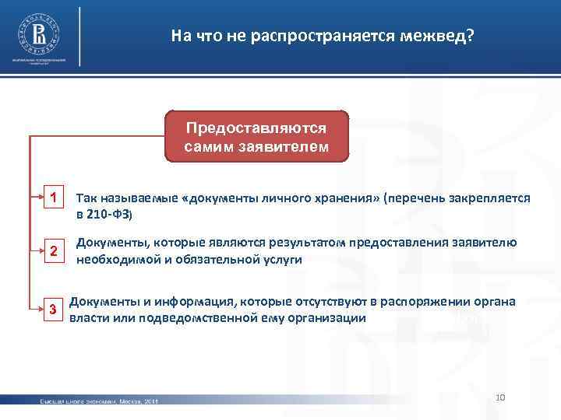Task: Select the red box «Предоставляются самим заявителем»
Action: tap(257, 136)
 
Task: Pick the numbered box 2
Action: tap(52, 250)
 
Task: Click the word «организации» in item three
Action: tap(323, 318)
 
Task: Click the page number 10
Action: tap(501, 398)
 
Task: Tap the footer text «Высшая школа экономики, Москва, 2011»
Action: tap(99, 401)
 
